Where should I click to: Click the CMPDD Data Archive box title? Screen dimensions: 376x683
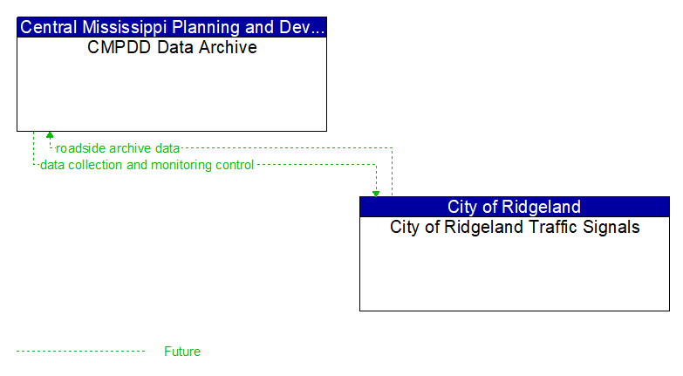(172, 48)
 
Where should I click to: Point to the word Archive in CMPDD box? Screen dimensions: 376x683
(229, 48)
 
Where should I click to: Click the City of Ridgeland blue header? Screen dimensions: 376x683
(514, 207)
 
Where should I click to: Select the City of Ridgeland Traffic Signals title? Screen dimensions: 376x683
(514, 228)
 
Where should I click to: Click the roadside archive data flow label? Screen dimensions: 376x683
(118, 148)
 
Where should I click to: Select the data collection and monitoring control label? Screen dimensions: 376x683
(147, 165)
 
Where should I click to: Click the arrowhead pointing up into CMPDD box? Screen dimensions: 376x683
(50, 135)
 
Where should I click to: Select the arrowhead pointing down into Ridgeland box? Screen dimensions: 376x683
(376, 193)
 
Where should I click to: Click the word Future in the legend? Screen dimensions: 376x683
(181, 352)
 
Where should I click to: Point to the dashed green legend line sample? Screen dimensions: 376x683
(80, 352)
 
